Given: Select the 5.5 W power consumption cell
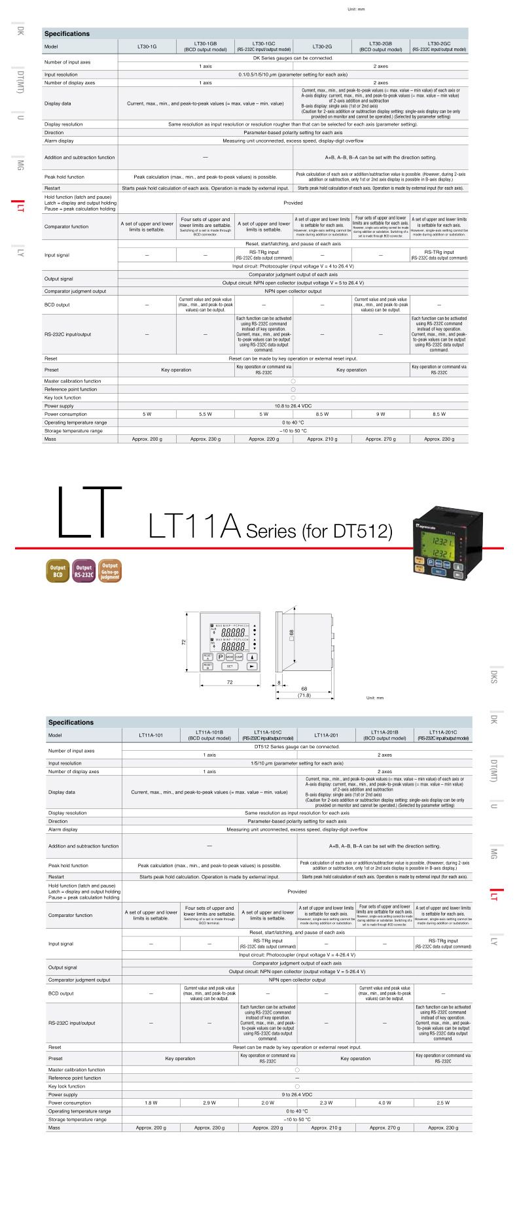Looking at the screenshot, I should coord(205,414).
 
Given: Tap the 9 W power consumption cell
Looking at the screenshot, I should coord(380,414).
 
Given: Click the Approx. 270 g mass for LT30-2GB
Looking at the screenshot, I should coord(380,439).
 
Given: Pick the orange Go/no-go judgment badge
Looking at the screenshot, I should coord(110,570).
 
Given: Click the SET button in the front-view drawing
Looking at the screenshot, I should coord(230,666).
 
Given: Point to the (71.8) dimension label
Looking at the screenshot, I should coord(304,695).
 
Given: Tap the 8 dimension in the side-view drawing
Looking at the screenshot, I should coord(279,683).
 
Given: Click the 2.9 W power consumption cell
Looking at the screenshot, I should coord(209,1103).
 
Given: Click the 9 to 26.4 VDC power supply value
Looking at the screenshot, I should coord(296,1094).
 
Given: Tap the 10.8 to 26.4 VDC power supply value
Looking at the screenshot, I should coord(293,405).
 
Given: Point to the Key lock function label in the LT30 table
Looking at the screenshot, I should coord(63,398).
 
